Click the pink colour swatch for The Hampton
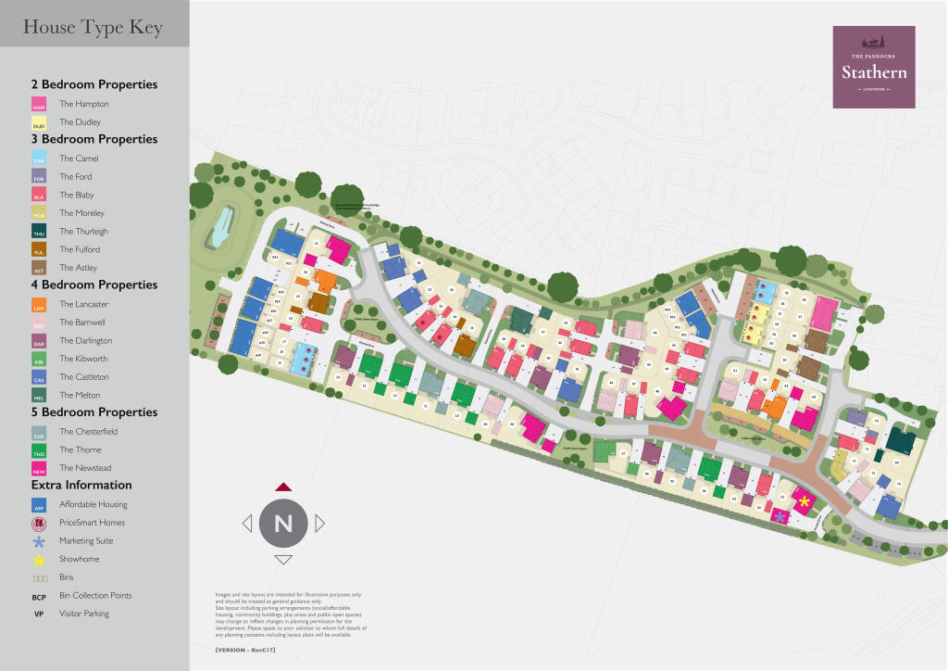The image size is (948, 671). pos(39,105)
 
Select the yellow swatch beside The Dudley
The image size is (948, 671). pos(39,122)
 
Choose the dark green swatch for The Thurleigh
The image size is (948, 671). pos(39,232)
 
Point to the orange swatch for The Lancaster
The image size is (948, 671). pos(39,304)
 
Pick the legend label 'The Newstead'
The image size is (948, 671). pos(84,468)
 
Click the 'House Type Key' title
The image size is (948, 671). pos(93,28)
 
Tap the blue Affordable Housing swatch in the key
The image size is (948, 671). pos(39,505)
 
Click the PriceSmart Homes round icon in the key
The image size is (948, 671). pos(39,523)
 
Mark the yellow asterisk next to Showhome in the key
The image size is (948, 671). pos(39,560)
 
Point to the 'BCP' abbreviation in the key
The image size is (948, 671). pos(39,596)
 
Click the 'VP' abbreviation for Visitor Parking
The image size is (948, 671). pos(39,614)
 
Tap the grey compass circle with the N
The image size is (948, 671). pos(283,524)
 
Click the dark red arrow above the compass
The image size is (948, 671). pos(283,486)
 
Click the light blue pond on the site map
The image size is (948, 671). pos(220,228)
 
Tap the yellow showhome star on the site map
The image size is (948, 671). pos(805,501)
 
